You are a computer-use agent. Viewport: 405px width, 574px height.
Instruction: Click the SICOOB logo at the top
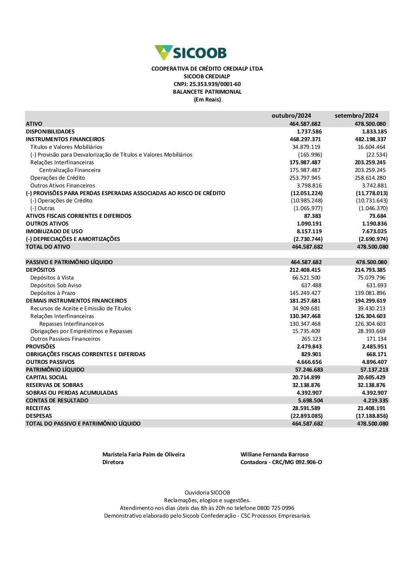click(191, 53)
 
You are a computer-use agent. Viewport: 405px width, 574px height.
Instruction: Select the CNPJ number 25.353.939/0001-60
click(215, 84)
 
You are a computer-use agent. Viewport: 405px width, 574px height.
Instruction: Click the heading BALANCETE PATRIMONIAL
click(207, 92)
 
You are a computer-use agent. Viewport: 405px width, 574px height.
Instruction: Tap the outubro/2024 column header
click(291, 116)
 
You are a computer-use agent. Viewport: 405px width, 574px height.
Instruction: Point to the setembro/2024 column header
click(356, 116)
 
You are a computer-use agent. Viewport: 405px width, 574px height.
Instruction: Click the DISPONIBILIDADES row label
click(50, 131)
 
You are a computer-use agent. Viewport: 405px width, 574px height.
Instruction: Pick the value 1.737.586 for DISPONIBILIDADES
click(309, 131)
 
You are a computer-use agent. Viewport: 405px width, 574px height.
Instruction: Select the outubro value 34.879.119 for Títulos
click(306, 147)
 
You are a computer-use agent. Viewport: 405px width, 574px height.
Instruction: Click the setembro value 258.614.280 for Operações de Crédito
click(370, 178)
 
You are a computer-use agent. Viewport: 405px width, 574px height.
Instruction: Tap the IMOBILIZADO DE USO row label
click(54, 231)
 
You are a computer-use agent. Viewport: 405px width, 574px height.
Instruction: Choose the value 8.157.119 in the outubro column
click(309, 231)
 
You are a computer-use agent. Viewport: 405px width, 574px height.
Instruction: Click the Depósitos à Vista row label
click(52, 277)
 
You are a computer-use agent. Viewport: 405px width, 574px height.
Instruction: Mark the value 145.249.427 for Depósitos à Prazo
click(305, 293)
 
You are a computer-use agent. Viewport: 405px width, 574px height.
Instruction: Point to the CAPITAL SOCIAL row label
click(47, 377)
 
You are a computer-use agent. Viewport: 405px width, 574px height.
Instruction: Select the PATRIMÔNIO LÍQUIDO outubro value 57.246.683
click(309, 370)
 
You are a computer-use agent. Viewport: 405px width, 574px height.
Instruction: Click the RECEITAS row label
click(38, 408)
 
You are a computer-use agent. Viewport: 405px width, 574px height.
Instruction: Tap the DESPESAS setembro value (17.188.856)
click(372, 416)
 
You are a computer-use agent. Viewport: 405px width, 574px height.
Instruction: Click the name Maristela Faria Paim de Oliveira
click(143, 454)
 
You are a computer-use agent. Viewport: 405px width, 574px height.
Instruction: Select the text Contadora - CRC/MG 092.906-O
click(281, 462)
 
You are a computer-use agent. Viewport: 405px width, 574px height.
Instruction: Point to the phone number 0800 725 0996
click(275, 508)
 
